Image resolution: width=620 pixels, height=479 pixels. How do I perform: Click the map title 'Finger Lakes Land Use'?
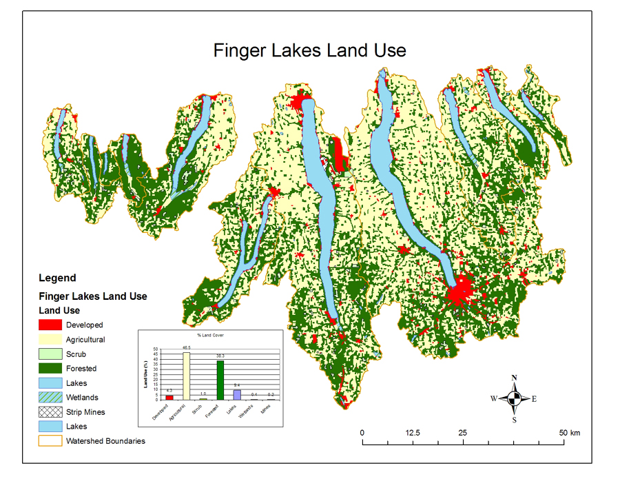coord(309,50)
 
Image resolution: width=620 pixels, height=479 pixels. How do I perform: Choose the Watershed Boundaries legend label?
coord(105,441)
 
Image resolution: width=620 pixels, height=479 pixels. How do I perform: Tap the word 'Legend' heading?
coord(58,278)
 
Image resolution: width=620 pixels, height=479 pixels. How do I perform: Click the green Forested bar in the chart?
coord(220,380)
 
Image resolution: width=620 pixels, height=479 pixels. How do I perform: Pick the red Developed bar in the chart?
coord(169,397)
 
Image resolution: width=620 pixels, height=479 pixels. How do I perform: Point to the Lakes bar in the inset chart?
coord(238,394)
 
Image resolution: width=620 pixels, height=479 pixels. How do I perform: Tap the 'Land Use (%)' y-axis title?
coord(145,375)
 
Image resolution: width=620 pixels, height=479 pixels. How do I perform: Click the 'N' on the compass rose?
coord(515,378)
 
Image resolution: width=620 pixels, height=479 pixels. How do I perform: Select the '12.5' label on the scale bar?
coord(413,433)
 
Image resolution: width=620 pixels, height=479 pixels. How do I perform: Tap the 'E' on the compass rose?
coord(534,398)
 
